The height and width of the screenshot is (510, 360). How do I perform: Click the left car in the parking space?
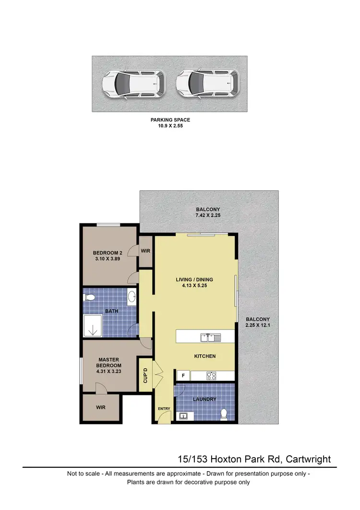coord(133,84)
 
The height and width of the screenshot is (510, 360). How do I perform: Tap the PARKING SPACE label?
coord(171,120)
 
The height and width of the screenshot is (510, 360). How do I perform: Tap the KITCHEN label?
coord(204,356)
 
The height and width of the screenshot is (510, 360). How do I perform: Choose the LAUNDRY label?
coord(205,399)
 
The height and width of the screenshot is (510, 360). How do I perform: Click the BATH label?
coord(112,311)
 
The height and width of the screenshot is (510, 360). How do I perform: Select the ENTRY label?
coord(164,409)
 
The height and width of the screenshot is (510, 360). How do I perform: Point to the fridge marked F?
coord(182,376)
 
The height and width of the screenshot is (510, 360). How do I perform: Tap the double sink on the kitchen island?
coord(210,337)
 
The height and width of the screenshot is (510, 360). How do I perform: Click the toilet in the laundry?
coord(223,413)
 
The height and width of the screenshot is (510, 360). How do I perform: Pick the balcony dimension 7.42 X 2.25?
coord(208,216)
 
